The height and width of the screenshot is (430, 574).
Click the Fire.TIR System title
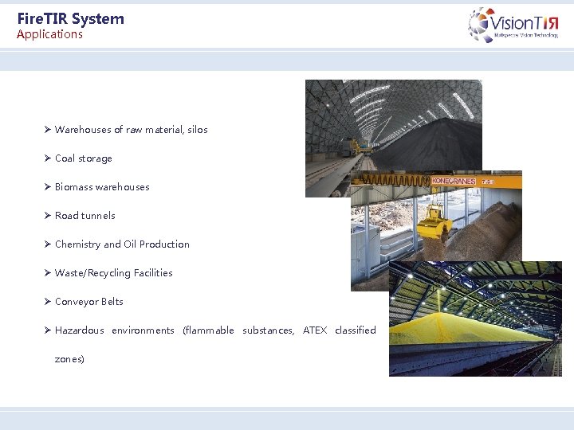pos(70,18)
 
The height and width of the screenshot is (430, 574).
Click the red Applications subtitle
pos(49,34)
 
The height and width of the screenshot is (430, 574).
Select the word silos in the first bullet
pos(197,130)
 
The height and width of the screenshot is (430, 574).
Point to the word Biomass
pos(73,187)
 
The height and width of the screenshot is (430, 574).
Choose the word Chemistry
pos(77,244)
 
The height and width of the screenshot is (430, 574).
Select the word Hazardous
pos(79,330)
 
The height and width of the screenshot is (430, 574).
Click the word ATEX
pos(315,330)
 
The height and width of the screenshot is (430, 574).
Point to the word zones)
pos(69,359)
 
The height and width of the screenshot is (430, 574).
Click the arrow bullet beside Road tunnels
pos(48,216)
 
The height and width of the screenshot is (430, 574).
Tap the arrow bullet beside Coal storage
pos(48,158)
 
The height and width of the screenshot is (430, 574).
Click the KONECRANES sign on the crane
pos(454,182)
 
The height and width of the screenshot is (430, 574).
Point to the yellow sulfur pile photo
pos(470,326)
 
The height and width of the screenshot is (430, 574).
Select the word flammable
pos(208,330)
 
